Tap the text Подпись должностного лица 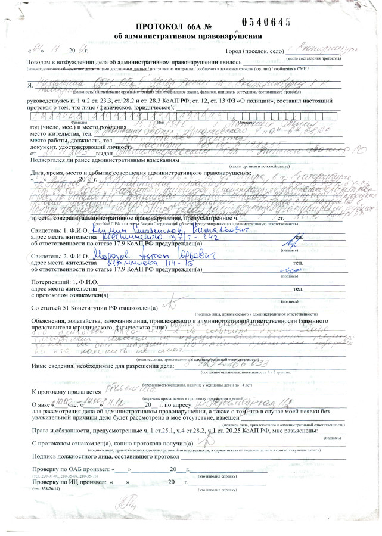click(x=89, y=456)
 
